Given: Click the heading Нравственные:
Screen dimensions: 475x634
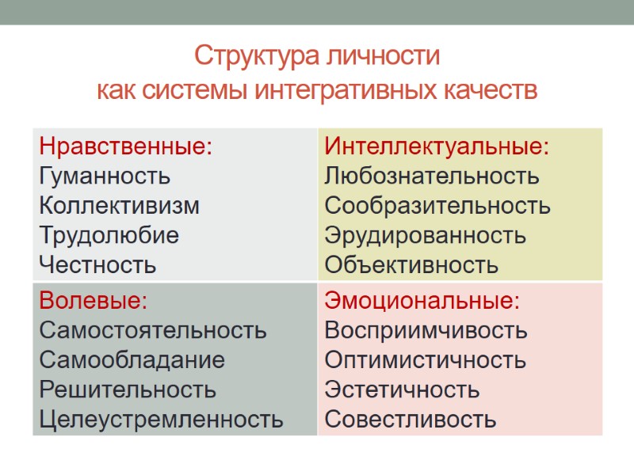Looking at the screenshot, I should pyautogui.click(x=126, y=146).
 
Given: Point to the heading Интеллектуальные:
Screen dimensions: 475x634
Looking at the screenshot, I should pyautogui.click(x=437, y=146).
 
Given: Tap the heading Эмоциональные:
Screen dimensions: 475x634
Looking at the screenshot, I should pyautogui.click(x=423, y=301).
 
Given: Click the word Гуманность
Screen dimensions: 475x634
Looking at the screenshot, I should pyautogui.click(x=105, y=176).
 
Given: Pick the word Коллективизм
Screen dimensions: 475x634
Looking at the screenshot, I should pyautogui.click(x=120, y=206).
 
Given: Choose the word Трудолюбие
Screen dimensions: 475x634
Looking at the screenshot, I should pyautogui.click(x=109, y=235).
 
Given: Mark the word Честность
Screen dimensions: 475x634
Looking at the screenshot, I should pyautogui.click(x=98, y=265).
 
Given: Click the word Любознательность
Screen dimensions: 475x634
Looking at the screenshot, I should pyautogui.click(x=432, y=176).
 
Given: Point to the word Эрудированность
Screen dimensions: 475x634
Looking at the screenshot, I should pyautogui.click(x=426, y=235).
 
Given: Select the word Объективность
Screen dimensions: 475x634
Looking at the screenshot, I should pyautogui.click(x=412, y=265).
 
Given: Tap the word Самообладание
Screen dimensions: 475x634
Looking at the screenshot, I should pyautogui.click(x=132, y=360).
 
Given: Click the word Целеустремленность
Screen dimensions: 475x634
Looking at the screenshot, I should pyautogui.click(x=162, y=420).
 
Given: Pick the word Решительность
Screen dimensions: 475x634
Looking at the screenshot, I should pyautogui.click(x=128, y=389).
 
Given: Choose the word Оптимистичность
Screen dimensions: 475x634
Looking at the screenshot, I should pyautogui.click(x=426, y=360).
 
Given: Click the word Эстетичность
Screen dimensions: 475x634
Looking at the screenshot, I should pyautogui.click(x=403, y=389).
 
